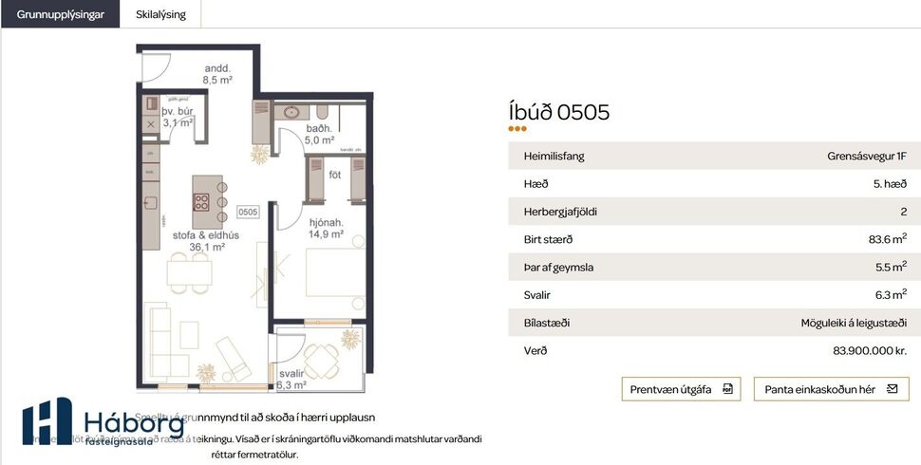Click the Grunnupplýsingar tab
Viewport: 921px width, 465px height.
point(60,14)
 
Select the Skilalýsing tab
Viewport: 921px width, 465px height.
point(160,14)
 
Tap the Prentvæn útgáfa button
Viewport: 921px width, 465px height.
point(681,389)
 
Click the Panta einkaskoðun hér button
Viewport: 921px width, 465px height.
point(831,389)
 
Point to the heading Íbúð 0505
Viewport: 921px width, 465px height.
point(559,113)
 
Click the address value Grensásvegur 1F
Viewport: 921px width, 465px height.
point(867,157)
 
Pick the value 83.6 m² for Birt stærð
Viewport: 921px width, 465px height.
point(887,239)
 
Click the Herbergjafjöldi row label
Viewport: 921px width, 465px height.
point(560,212)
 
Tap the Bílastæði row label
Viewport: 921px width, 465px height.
point(546,323)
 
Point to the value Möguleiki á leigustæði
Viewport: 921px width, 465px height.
point(854,323)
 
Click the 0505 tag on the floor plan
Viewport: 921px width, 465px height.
point(248,212)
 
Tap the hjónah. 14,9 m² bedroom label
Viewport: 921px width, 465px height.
point(325,229)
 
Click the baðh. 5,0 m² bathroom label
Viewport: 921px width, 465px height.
point(319,134)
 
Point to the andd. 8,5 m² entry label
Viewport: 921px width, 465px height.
point(218,74)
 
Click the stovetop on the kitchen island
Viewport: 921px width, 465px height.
point(202,200)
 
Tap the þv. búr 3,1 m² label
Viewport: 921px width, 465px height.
point(178,117)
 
